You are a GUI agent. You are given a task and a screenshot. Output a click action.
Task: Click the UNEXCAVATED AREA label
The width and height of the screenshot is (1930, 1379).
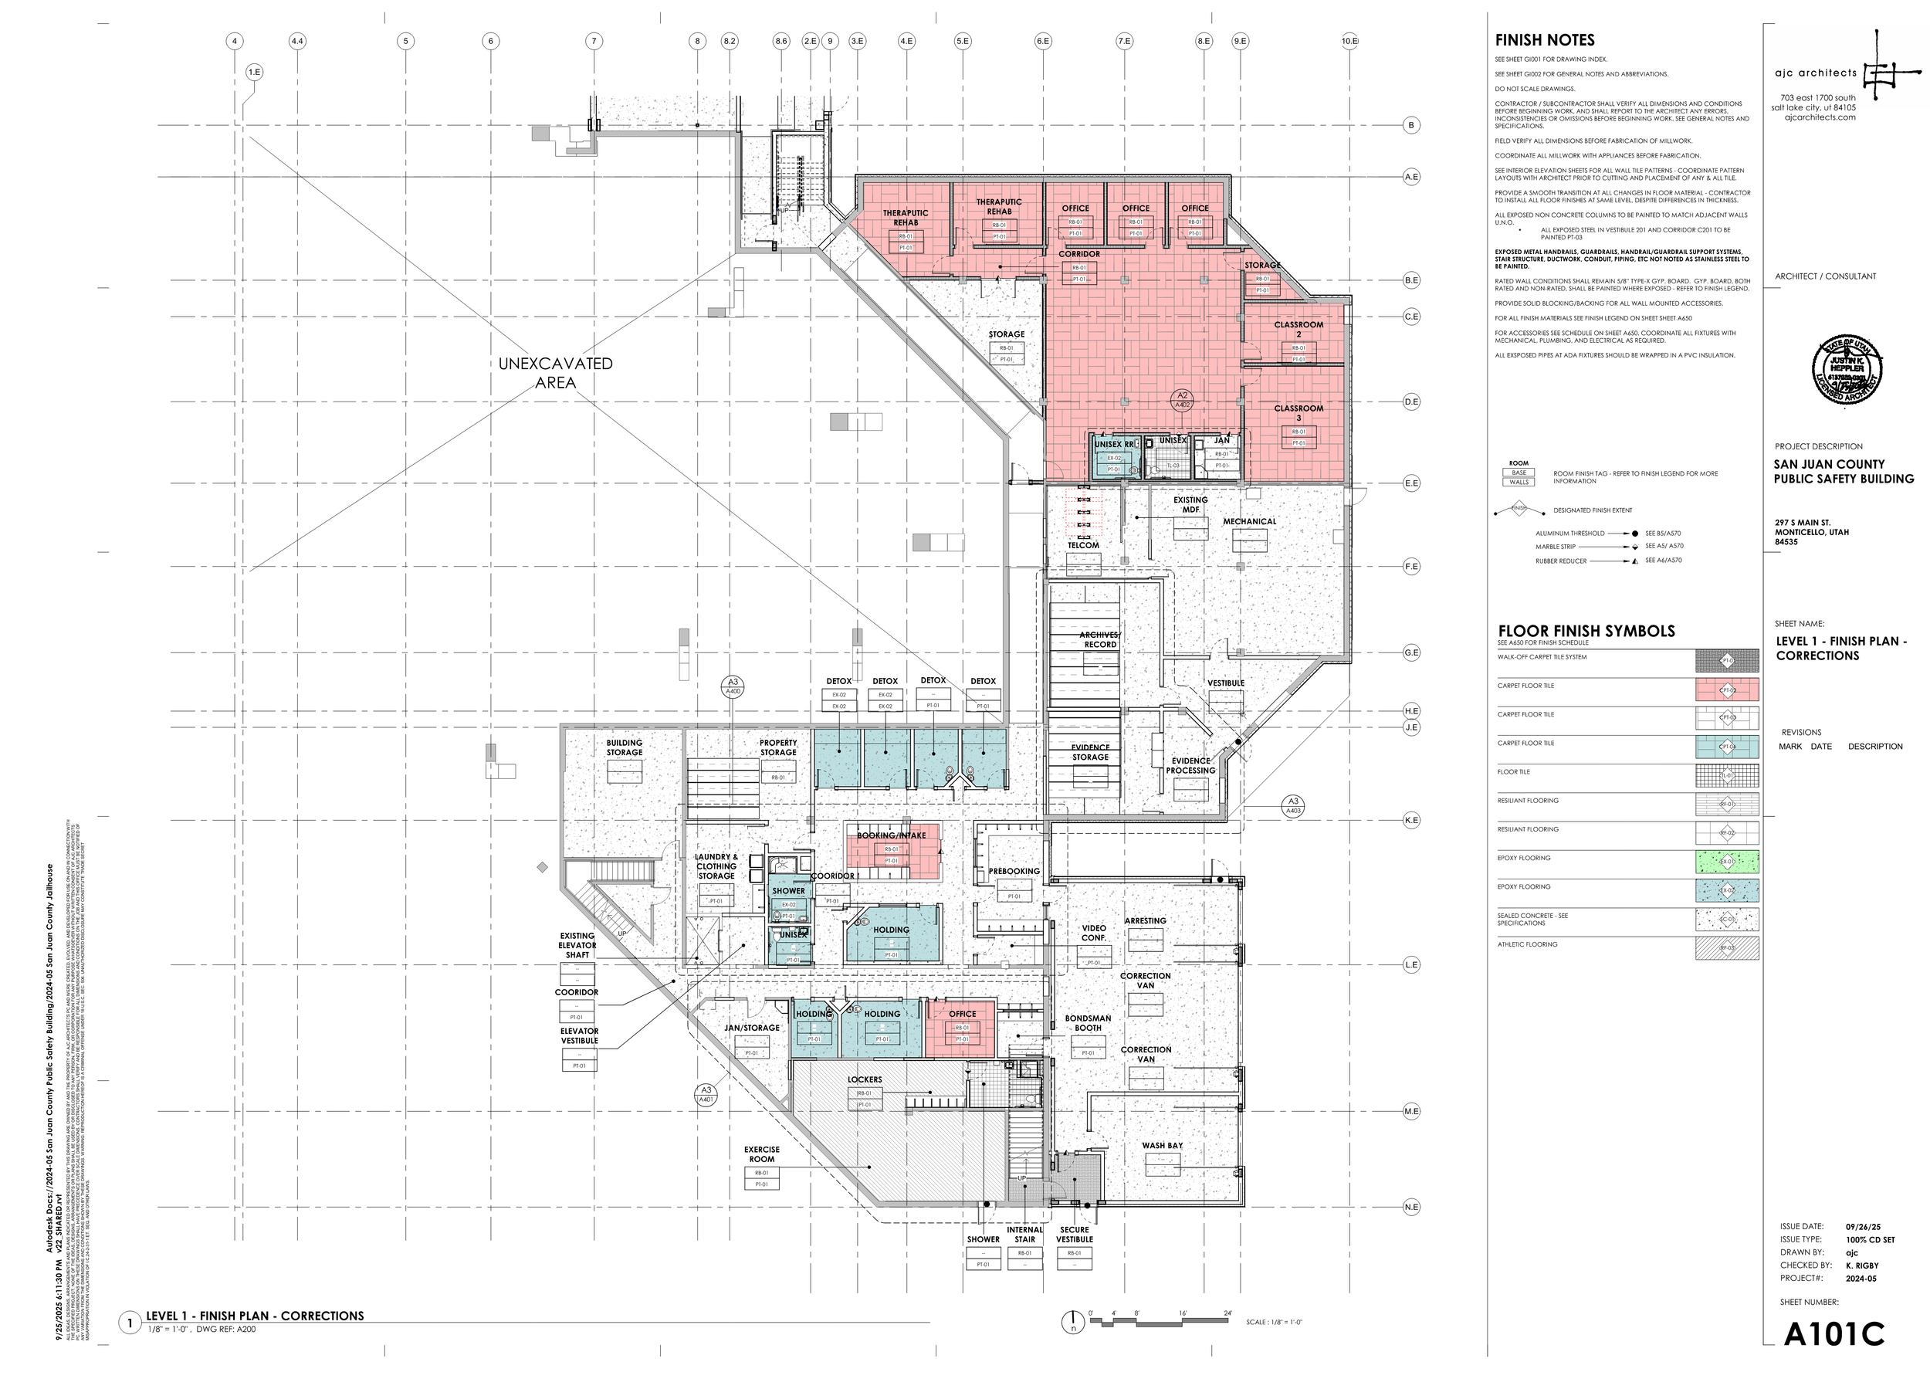point(555,373)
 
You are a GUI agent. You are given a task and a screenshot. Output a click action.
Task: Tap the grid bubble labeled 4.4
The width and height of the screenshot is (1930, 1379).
point(297,41)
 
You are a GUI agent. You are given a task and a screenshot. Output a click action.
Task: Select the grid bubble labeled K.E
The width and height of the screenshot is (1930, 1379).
point(1411,820)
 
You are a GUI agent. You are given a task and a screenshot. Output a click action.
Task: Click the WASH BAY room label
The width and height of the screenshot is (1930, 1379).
point(1162,1146)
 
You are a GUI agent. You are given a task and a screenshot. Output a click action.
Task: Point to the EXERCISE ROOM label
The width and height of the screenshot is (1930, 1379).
point(762,1154)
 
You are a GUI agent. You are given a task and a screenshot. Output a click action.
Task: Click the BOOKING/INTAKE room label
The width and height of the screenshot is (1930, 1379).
point(890,835)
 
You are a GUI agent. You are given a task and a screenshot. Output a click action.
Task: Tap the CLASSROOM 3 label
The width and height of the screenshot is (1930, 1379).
point(1299,412)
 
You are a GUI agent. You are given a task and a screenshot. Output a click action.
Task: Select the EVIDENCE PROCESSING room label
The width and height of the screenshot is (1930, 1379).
point(1190,766)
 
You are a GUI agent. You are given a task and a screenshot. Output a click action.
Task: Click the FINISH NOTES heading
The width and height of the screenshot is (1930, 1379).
point(1545,40)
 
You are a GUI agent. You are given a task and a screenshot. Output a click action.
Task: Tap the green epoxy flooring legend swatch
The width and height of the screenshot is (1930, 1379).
point(1726,862)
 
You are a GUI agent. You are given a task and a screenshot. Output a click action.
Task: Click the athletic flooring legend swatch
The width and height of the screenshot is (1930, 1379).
point(1726,948)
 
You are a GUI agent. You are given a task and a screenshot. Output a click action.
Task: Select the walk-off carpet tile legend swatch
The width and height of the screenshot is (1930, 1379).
point(1726,661)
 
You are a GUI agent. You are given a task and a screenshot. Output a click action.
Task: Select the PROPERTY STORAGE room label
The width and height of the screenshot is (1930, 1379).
point(777,747)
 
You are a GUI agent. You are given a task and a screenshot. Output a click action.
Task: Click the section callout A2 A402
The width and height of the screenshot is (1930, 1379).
point(1182,400)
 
